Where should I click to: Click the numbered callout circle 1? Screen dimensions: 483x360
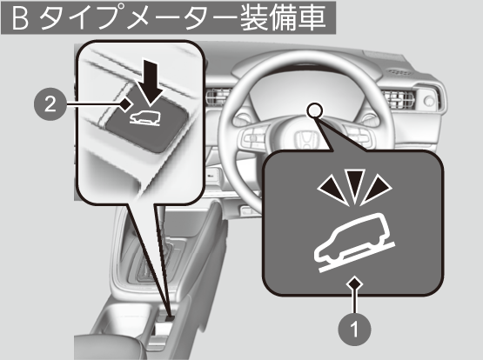pyautogui.click(x=354, y=330)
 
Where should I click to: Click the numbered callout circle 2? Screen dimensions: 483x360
pyautogui.click(x=50, y=104)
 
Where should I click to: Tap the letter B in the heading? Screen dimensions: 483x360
pyautogui.click(x=20, y=18)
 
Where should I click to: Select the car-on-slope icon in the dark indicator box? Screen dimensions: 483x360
pyautogui.click(x=354, y=243)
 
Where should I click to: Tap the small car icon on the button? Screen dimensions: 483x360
pyautogui.click(x=144, y=118)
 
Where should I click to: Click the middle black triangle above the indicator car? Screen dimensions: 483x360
pyautogui.click(x=354, y=184)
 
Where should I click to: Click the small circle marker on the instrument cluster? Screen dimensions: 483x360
pyautogui.click(x=315, y=110)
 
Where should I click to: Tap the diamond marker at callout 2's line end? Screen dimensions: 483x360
pyautogui.click(x=125, y=104)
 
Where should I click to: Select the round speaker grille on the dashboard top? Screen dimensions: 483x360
pyautogui.click(x=399, y=72)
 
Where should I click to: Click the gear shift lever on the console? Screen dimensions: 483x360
pyautogui.click(x=161, y=234)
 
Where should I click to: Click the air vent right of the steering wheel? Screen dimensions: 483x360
pyautogui.click(x=398, y=99)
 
